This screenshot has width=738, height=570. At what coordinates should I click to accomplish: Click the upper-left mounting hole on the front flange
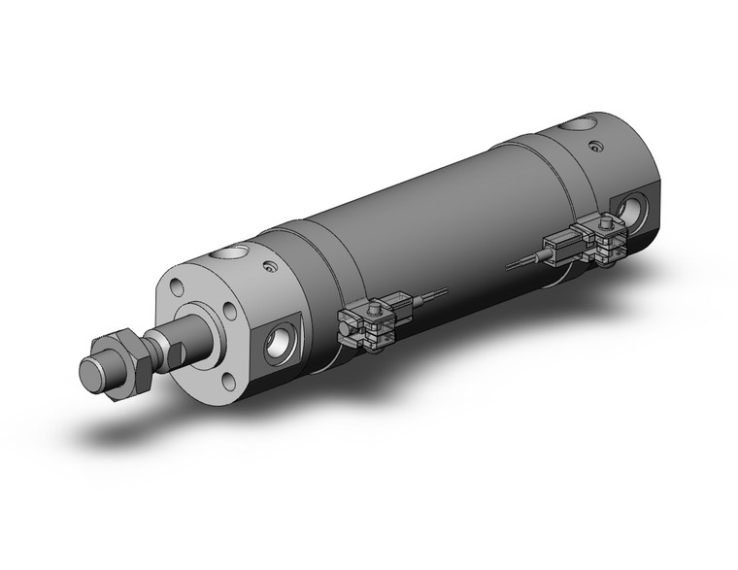177,286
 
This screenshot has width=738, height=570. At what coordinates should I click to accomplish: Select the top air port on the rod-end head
229,255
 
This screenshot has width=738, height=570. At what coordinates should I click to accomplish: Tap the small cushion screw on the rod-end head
272,266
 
